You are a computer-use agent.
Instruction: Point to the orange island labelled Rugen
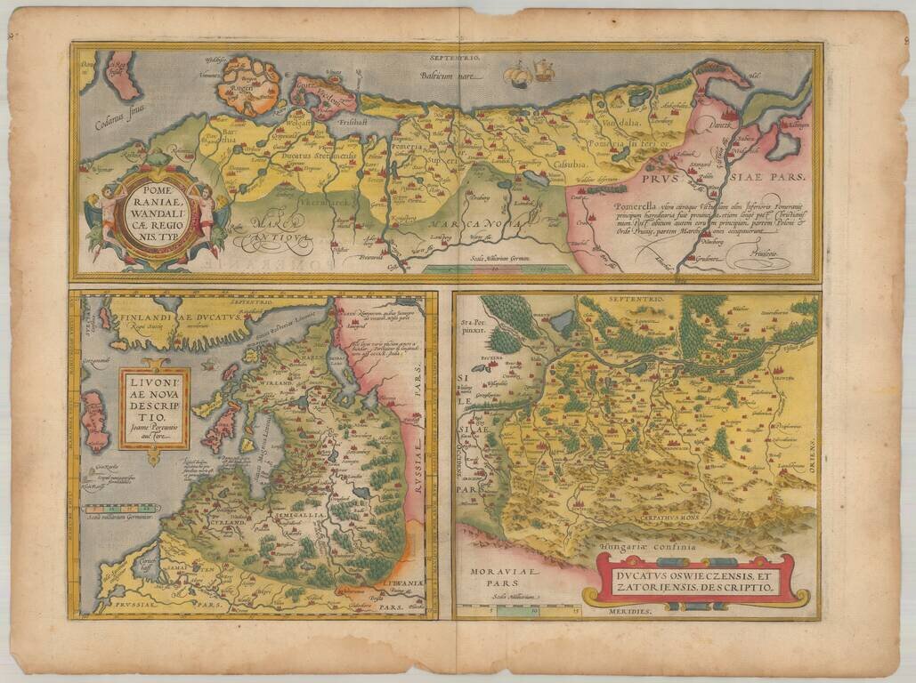[x=248, y=86]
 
